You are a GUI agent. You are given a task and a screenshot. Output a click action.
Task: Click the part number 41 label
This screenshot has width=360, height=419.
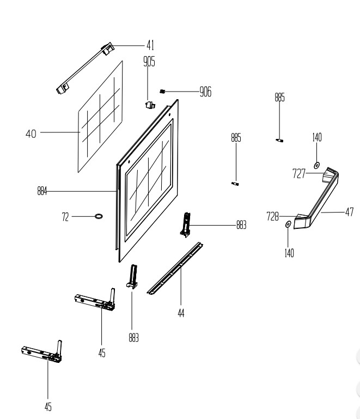[x=150, y=45]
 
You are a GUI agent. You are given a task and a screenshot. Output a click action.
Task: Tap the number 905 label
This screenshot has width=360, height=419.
[x=149, y=62]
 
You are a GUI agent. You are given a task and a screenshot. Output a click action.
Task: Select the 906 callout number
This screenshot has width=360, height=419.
[x=205, y=92]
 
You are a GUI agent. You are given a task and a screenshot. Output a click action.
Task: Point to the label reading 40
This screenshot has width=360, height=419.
[x=31, y=133]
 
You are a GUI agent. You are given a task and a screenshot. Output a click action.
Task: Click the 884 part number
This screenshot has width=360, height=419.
[x=42, y=191]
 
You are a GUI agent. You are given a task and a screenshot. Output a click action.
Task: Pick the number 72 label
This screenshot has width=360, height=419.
[x=65, y=217]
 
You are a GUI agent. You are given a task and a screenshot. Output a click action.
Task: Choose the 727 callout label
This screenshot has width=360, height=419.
[x=299, y=174]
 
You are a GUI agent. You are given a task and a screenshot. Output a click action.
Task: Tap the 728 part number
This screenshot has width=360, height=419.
[x=272, y=217]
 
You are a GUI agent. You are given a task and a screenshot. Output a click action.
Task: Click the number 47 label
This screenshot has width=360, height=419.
[x=349, y=212]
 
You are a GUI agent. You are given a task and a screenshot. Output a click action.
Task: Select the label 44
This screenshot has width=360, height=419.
[x=181, y=313]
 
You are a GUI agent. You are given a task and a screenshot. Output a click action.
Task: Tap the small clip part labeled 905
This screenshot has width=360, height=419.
[x=150, y=105]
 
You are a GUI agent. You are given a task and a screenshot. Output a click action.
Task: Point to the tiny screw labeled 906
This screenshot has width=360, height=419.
[x=162, y=92]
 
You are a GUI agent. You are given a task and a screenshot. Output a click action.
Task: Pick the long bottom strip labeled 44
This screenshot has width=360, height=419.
[x=175, y=268]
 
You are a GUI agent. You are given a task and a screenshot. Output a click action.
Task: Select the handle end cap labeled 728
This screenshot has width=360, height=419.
[x=302, y=221]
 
